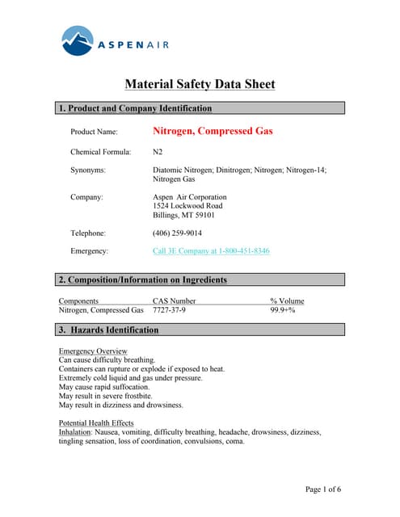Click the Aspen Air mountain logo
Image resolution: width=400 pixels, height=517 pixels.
pos(78,40)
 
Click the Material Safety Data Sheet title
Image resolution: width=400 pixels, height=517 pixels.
pos(200,84)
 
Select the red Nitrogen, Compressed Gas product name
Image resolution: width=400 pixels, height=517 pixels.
pos(213,130)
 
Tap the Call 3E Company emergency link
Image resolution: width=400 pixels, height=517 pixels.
pos(211,251)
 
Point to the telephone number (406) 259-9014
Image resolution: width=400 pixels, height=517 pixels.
pos(177,233)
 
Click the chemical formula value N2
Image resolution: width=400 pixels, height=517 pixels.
pos(158,151)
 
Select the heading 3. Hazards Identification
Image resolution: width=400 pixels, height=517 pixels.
pos(108,330)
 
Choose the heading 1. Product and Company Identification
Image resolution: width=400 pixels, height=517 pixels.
pos(135,108)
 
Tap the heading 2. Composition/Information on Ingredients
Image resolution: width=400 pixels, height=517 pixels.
pos(142,280)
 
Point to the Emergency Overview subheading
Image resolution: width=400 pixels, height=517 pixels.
pos(93,351)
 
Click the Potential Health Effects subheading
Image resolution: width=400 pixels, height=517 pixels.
pos(96,423)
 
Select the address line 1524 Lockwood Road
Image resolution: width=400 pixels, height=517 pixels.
pos(187,206)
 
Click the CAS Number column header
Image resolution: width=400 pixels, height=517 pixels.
pos(175,301)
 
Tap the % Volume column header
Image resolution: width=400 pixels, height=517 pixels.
pos(287,301)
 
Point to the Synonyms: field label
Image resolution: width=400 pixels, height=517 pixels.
pos(88,170)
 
